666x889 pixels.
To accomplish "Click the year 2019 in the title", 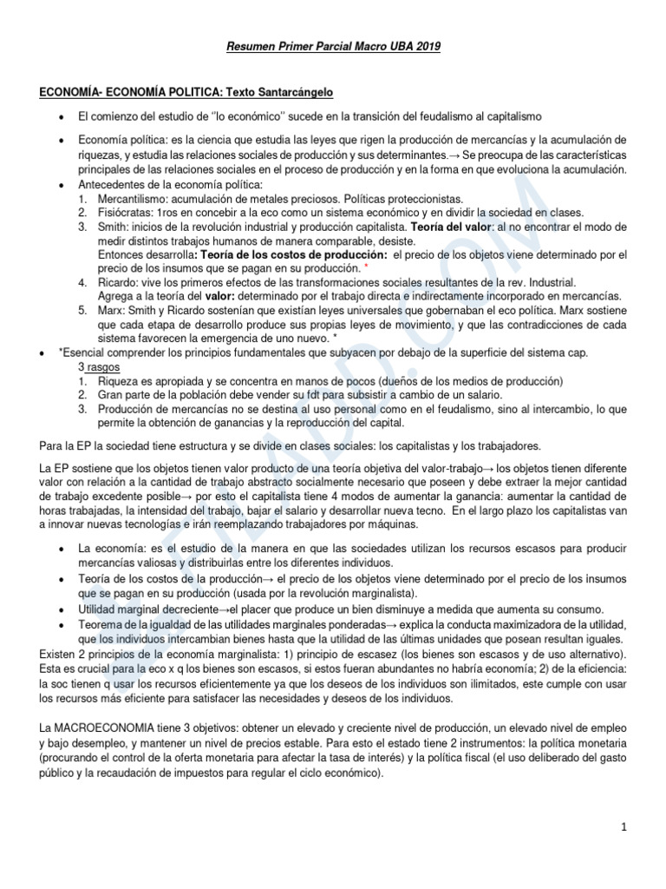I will point(427,46).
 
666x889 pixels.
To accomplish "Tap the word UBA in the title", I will point(395,46).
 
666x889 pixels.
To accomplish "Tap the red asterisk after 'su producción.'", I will point(368,267).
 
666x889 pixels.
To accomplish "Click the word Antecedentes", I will point(113,184).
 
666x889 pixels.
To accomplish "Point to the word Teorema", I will point(101,625).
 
